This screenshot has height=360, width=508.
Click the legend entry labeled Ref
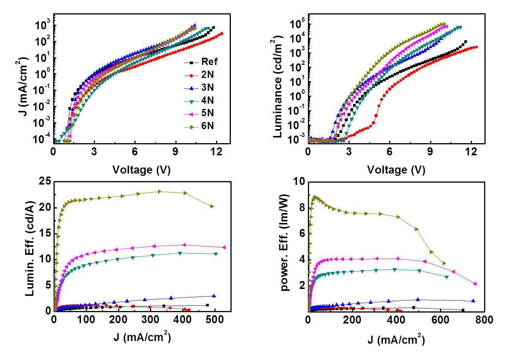click(201, 62)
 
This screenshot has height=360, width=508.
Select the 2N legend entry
click(199, 75)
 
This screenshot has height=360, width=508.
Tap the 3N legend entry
click(199, 88)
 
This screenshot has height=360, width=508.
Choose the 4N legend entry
click(199, 100)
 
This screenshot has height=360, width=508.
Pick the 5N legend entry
click(199, 113)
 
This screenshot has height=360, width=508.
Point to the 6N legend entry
click(199, 126)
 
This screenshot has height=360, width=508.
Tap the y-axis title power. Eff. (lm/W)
click(285, 243)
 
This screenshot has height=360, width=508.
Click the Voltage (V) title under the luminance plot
click(396, 170)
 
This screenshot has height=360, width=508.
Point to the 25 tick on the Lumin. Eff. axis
click(45, 182)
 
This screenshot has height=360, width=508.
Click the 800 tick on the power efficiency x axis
click(484, 320)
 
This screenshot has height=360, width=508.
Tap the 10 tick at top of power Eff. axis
click(299, 182)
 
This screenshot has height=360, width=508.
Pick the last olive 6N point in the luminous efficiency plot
click(212, 207)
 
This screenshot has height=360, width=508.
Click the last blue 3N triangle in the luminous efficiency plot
click(214, 296)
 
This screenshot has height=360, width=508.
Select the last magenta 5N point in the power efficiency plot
click(475, 284)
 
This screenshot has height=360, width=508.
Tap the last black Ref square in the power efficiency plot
click(463, 310)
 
